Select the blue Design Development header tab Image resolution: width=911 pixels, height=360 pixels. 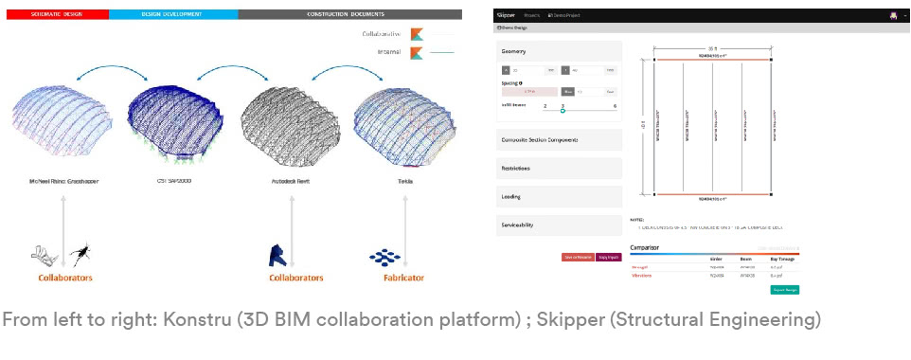pos(173,15)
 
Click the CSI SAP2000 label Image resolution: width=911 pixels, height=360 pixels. pos(173,177)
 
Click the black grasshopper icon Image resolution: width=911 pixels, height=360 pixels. pos(80,252)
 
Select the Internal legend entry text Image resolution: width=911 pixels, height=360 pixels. pos(388,53)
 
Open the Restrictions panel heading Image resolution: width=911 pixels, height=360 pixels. pos(516,169)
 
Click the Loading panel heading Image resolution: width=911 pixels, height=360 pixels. pos(511,197)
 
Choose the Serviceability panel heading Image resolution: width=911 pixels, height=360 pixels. pos(519,225)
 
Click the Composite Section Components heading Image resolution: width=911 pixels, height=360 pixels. pos(540,140)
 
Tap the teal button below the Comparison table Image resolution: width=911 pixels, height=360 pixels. pos(785,289)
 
